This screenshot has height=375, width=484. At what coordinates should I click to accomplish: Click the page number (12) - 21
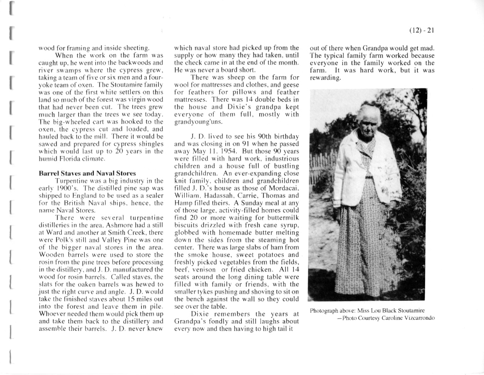[422, 31]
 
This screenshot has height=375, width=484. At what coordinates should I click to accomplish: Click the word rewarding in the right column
[325, 78]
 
